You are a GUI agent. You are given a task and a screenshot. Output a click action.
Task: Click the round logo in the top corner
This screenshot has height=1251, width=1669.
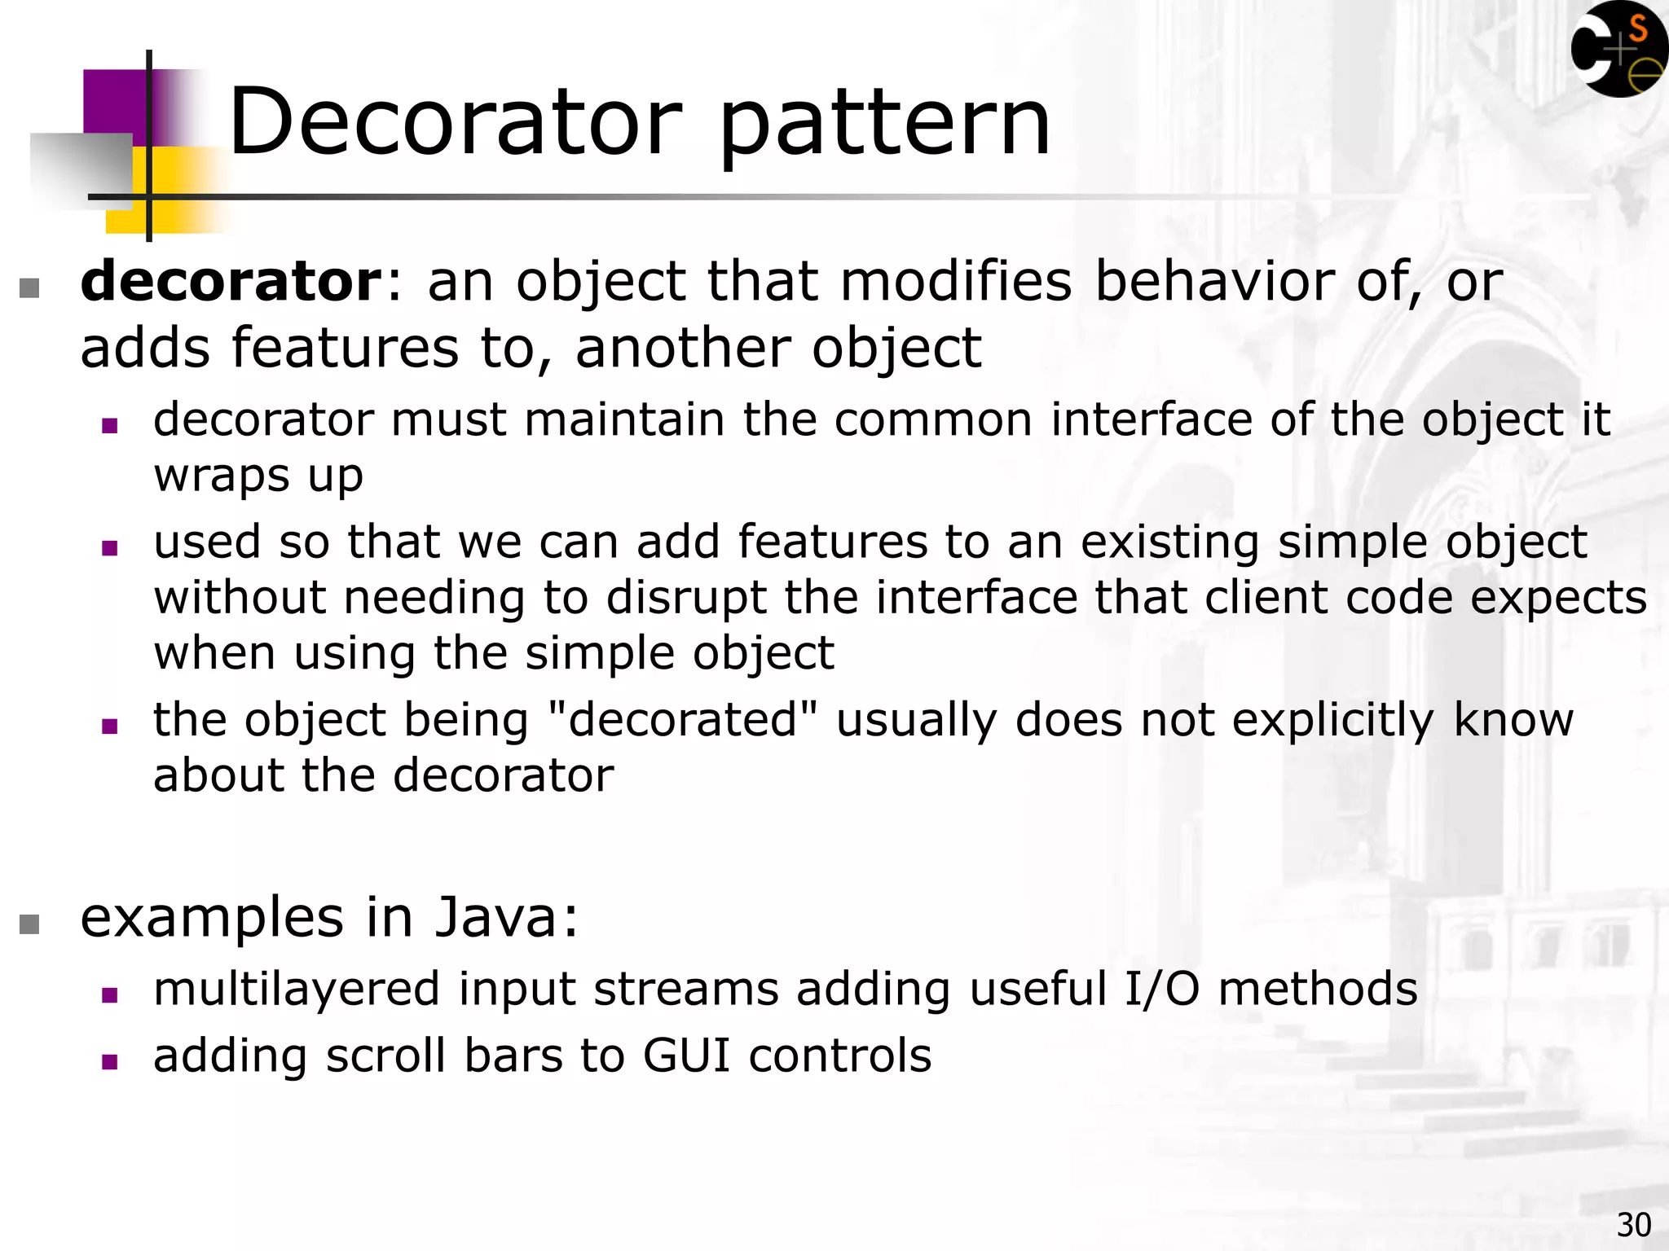tap(1618, 50)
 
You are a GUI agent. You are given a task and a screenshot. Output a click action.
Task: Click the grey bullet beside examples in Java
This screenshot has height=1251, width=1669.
tap(29, 924)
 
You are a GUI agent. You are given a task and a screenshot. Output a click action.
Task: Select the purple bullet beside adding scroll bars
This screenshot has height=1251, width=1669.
tap(110, 1061)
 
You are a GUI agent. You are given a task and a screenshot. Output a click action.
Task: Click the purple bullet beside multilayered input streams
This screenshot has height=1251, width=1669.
tap(110, 994)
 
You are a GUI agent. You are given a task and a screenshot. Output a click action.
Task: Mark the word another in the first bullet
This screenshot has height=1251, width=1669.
tap(683, 348)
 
